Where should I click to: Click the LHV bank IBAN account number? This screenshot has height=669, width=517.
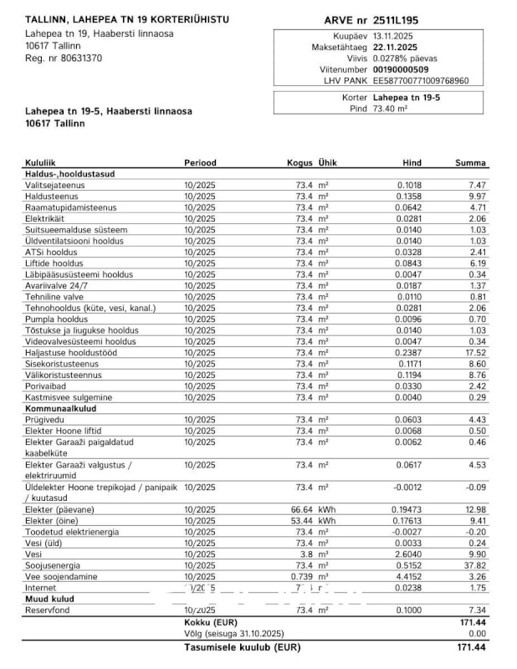pyautogui.click(x=420, y=81)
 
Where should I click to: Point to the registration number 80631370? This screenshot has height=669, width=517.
pyautogui.click(x=75, y=59)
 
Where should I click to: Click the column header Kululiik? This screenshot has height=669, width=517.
pyautogui.click(x=41, y=162)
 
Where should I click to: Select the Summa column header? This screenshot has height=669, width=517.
pyautogui.click(x=470, y=162)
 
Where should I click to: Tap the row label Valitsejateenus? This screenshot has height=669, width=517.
pyautogui.click(x=55, y=185)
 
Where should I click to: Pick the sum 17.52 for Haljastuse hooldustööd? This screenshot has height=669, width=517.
pyautogui.click(x=476, y=353)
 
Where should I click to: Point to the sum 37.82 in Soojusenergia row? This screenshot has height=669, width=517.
pyautogui.click(x=476, y=564)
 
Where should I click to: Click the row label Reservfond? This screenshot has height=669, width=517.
pyautogui.click(x=48, y=610)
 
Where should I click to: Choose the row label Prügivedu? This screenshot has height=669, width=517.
pyautogui.click(x=45, y=420)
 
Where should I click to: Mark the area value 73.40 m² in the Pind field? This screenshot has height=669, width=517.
pyautogui.click(x=390, y=109)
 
